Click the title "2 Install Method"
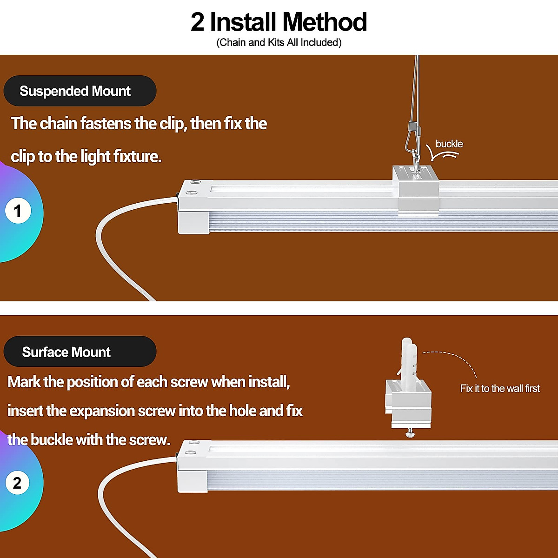(279, 22)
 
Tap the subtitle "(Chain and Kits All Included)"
(279, 43)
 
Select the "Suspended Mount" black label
(80, 91)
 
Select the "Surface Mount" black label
(80, 352)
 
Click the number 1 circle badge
(18, 211)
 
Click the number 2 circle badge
(18, 483)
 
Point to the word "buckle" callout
(449, 144)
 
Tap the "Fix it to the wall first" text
(500, 389)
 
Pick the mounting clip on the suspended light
(417, 191)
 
